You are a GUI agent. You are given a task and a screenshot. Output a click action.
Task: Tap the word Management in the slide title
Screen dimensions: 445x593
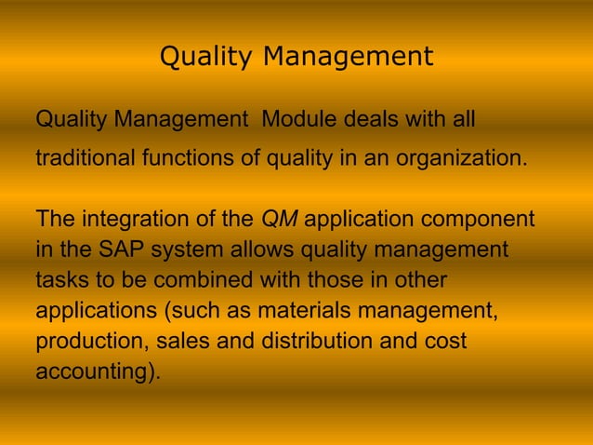point(348,58)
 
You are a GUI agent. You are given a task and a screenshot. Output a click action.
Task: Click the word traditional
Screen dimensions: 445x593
point(85,157)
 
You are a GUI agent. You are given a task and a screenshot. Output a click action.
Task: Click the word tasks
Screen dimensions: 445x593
point(61,280)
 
